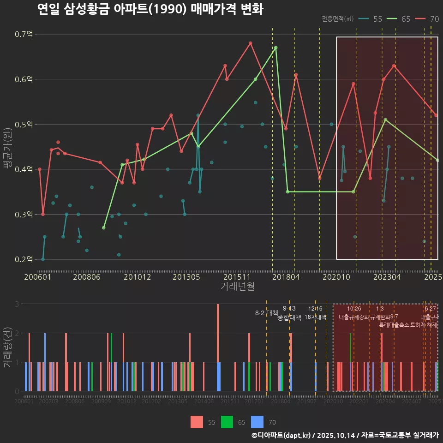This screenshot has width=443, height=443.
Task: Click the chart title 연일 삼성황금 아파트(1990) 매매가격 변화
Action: coord(150,9)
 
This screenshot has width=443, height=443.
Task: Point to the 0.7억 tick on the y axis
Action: coord(24,34)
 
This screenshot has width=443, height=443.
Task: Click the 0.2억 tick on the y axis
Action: coord(24,259)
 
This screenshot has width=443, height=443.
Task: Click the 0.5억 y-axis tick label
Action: coord(24,124)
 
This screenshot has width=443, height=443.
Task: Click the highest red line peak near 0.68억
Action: coord(251,43)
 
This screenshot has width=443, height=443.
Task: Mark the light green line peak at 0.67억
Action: coord(275,48)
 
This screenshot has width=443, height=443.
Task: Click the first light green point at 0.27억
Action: coord(104,228)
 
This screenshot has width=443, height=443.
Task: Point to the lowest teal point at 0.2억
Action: coord(43,259)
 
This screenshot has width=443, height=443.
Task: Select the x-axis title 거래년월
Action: coord(237,287)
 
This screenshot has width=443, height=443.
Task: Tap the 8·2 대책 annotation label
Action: coord(266,313)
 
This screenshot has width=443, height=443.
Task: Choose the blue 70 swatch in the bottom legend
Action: coord(257,422)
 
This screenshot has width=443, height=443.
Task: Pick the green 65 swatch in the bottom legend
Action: coord(227,422)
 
